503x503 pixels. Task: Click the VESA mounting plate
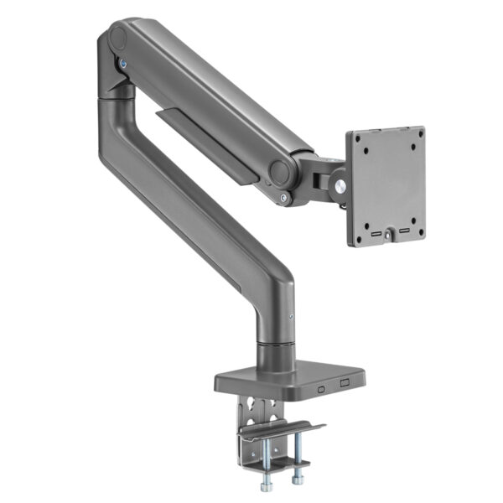pyautogui.click(x=384, y=186)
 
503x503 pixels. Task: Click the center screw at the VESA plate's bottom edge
pyautogui.click(x=387, y=236)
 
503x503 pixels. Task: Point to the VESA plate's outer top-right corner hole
pyautogui.click(x=417, y=136)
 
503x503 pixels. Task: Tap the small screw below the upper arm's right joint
pyautogui.click(x=285, y=199)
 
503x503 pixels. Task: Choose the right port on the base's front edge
pyautogui.click(x=343, y=385)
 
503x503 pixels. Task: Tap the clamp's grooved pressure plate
pyautogui.click(x=280, y=431)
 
